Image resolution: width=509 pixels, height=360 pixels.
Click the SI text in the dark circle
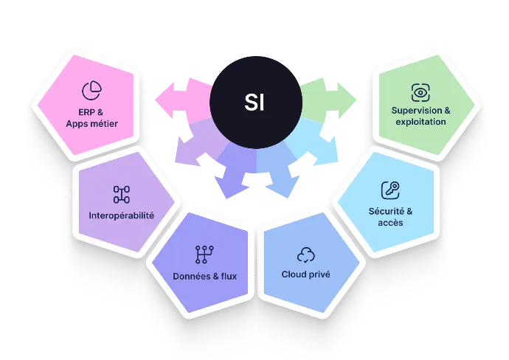254,102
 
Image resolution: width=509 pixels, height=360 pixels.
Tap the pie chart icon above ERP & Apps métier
91,90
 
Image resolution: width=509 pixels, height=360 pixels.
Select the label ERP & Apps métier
91,118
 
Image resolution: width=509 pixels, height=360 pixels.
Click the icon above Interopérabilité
121,194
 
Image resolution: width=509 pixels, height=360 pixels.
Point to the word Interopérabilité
121,216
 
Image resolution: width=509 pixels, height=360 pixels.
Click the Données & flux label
203,277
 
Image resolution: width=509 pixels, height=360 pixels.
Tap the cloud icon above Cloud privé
305,255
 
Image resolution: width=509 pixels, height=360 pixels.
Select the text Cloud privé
305,274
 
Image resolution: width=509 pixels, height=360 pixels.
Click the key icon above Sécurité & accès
390,190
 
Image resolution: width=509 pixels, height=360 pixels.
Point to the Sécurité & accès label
390,217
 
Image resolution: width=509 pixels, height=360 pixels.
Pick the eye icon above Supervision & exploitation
420,92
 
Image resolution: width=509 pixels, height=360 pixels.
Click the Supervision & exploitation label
420,116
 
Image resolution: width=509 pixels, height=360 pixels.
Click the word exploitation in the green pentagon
420,121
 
